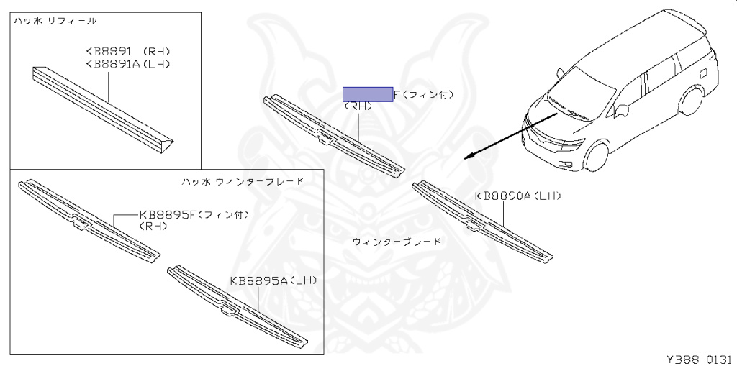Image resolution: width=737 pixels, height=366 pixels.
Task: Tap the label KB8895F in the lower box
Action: click(x=167, y=214)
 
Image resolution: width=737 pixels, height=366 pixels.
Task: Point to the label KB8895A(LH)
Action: click(x=273, y=280)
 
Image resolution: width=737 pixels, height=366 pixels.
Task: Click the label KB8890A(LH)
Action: click(x=517, y=196)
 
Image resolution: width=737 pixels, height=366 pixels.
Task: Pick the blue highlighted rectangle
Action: click(x=367, y=93)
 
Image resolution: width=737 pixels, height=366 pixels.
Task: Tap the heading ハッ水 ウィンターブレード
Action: click(x=242, y=182)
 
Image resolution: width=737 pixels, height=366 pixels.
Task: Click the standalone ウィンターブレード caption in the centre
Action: click(x=397, y=242)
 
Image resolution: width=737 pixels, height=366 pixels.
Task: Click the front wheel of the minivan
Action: click(x=596, y=154)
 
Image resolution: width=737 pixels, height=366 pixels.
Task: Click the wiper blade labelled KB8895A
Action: click(x=238, y=308)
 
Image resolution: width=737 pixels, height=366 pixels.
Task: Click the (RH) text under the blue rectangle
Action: click(x=358, y=106)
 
